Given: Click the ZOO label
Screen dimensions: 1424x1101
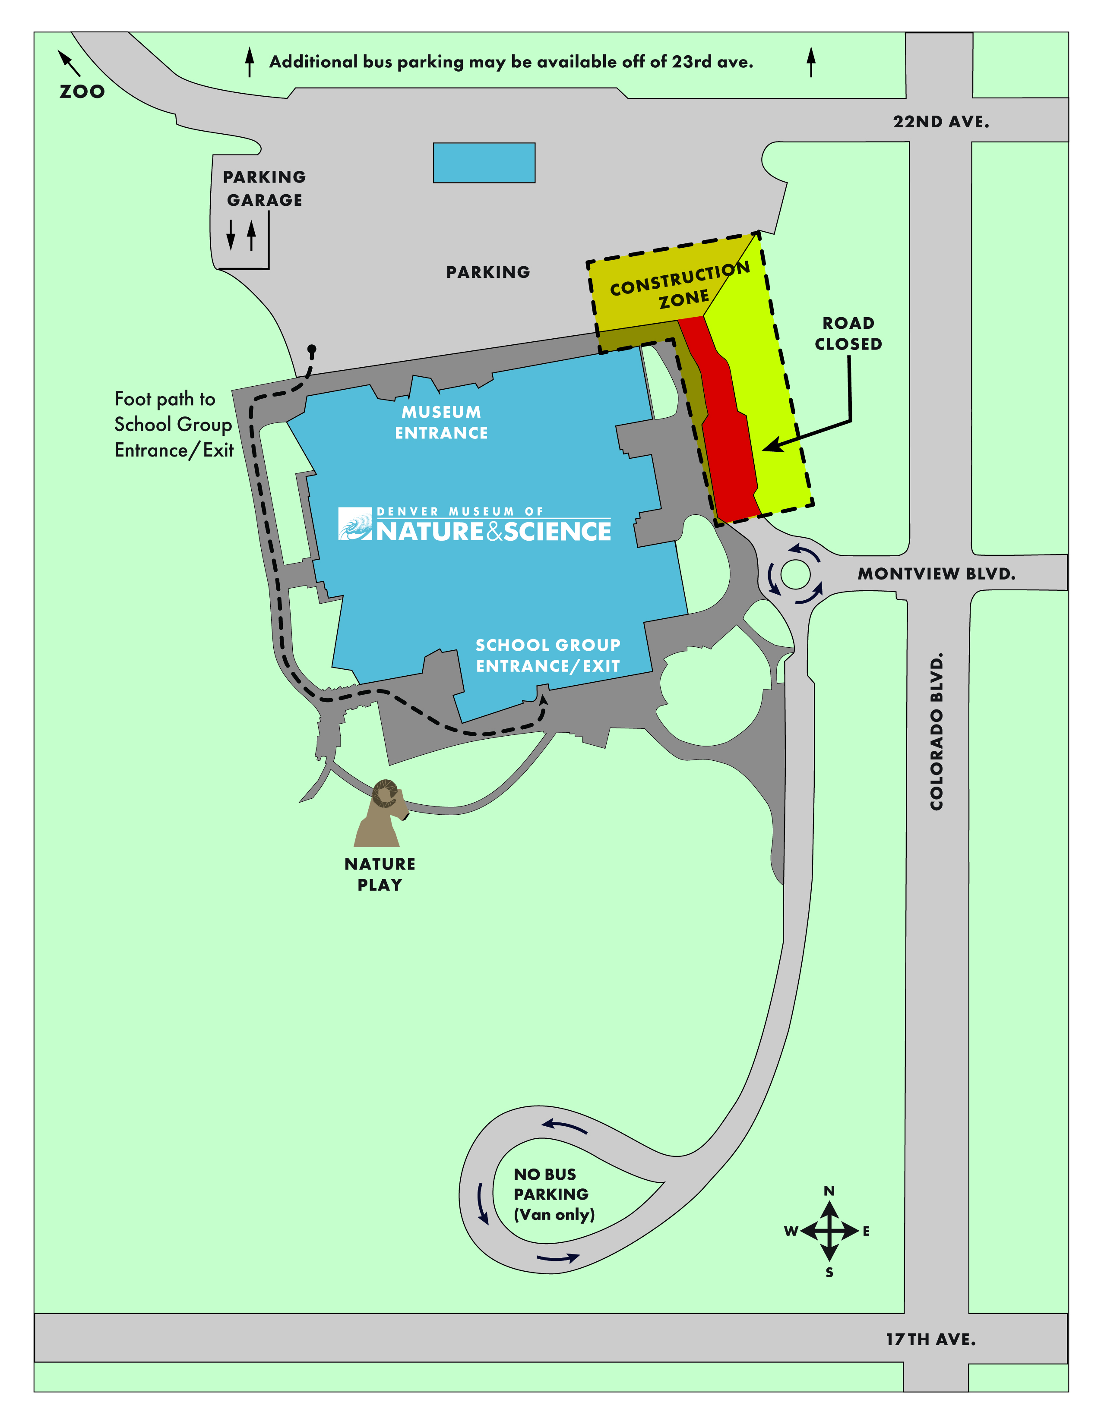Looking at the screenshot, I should click(x=82, y=91).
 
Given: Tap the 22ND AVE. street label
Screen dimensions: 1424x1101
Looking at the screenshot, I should click(x=940, y=122).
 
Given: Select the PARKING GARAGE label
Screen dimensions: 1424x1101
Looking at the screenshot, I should click(x=264, y=189).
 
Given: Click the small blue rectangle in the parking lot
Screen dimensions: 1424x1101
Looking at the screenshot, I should click(x=484, y=162).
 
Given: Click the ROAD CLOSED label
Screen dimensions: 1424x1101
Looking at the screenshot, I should click(x=848, y=333).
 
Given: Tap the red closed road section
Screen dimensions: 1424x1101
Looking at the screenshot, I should click(x=727, y=437).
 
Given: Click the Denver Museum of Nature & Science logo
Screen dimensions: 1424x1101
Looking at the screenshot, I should click(x=474, y=525).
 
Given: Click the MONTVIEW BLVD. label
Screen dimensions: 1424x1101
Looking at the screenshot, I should click(x=936, y=574).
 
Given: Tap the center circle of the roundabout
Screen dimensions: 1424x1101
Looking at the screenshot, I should click(x=794, y=574).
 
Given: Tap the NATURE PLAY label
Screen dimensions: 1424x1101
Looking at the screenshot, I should click(x=380, y=874).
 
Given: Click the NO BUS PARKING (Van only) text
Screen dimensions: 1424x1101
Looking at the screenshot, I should click(x=553, y=1194).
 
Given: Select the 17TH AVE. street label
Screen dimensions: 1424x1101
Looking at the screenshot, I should click(x=930, y=1339).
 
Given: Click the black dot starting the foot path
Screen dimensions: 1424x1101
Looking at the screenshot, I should click(x=312, y=350).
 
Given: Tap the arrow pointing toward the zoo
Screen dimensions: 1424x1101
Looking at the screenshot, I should click(x=69, y=63).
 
